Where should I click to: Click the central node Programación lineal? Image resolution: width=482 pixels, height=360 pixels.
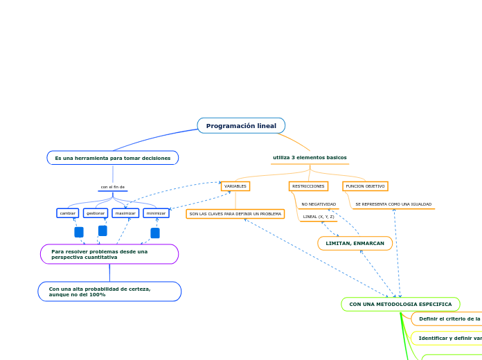241,125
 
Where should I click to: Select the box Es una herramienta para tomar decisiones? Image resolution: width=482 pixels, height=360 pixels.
113,158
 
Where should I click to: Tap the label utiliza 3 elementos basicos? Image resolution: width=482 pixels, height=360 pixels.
310,158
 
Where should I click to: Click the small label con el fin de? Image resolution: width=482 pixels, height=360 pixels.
113,187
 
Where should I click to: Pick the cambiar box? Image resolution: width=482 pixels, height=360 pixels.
68,213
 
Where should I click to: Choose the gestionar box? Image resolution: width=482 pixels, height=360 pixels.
96,213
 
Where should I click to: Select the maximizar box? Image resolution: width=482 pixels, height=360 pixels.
125,213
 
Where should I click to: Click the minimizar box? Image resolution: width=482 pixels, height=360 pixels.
156,213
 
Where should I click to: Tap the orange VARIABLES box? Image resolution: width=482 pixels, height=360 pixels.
235,186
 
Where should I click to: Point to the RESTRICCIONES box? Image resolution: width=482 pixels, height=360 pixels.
308,186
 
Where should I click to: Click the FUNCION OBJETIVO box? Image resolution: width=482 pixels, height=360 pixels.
365,186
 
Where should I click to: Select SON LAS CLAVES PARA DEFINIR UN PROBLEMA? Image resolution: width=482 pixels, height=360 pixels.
235,214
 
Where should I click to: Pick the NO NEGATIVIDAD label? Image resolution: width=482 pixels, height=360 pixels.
319,204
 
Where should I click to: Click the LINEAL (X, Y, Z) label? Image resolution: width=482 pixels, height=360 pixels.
319,217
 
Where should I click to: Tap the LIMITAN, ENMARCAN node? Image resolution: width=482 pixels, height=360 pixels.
355,243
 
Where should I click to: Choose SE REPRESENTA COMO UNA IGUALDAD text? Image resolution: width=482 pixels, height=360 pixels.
393,204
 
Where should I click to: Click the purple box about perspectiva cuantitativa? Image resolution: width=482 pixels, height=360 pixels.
109,254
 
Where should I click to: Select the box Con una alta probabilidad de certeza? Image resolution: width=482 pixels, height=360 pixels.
109,291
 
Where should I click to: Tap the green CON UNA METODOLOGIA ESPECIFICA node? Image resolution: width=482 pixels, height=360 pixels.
400,304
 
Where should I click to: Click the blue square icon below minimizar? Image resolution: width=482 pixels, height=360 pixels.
155,233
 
